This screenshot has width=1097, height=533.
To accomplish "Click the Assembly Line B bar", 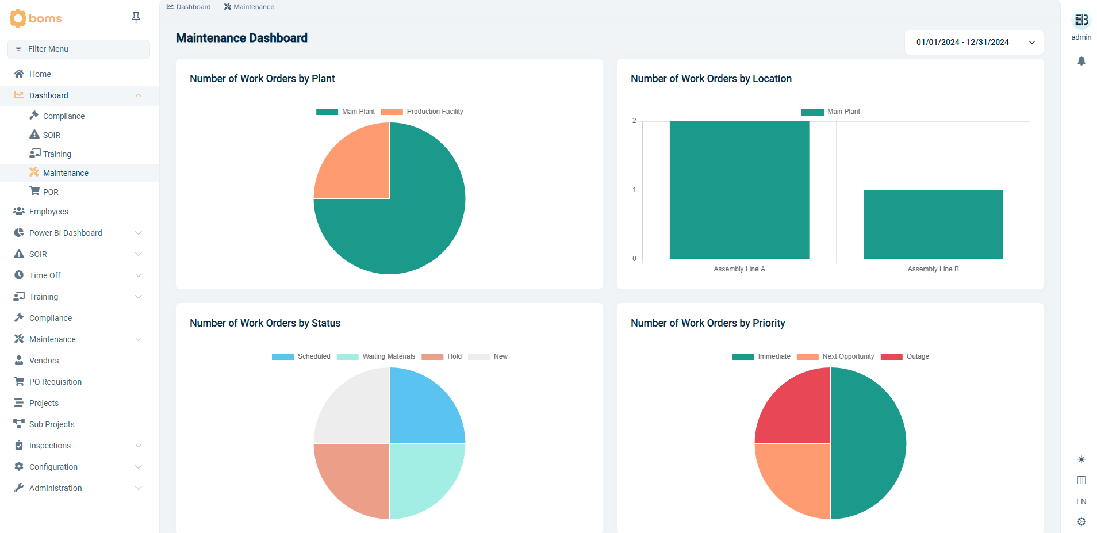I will tap(933, 224).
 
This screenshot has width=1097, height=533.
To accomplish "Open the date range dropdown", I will tap(974, 43).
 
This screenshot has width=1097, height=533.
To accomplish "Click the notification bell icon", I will tap(1081, 61).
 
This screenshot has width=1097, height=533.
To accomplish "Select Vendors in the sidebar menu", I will tap(44, 361).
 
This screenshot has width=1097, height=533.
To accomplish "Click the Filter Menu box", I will tap(79, 49).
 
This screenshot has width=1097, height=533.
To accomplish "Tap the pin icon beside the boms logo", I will tap(136, 18).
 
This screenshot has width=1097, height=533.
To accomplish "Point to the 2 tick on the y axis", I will tap(634, 121).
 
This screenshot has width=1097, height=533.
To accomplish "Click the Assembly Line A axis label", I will tap(739, 269).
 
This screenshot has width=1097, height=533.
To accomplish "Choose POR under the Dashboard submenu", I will tap(51, 192).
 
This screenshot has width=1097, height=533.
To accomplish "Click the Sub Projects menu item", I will tap(52, 424).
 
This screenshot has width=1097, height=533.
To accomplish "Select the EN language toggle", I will tap(1081, 501).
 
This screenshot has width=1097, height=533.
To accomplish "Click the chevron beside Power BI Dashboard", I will tap(138, 233).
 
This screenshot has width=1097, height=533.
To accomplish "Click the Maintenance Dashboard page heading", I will tap(241, 38).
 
